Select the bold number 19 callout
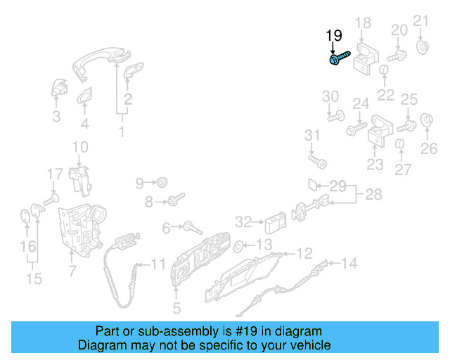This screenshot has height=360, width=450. click(x=333, y=35)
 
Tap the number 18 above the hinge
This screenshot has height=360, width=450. click(x=363, y=24)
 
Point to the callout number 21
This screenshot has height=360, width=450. click(x=420, y=20)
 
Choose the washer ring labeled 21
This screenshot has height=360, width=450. click(x=424, y=47)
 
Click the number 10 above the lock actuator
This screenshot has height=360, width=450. click(x=80, y=147)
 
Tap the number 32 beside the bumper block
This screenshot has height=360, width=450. click(x=243, y=222)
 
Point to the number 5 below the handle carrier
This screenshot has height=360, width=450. click(x=176, y=307)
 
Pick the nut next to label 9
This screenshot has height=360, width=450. click(x=162, y=183)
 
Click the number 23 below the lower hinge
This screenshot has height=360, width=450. click(x=375, y=165)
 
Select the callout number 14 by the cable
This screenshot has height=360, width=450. click(x=349, y=264)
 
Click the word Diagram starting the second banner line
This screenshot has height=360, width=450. click(x=103, y=345)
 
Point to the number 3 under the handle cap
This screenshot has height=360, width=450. click(x=56, y=117)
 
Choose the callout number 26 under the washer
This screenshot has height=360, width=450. click(x=429, y=148)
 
